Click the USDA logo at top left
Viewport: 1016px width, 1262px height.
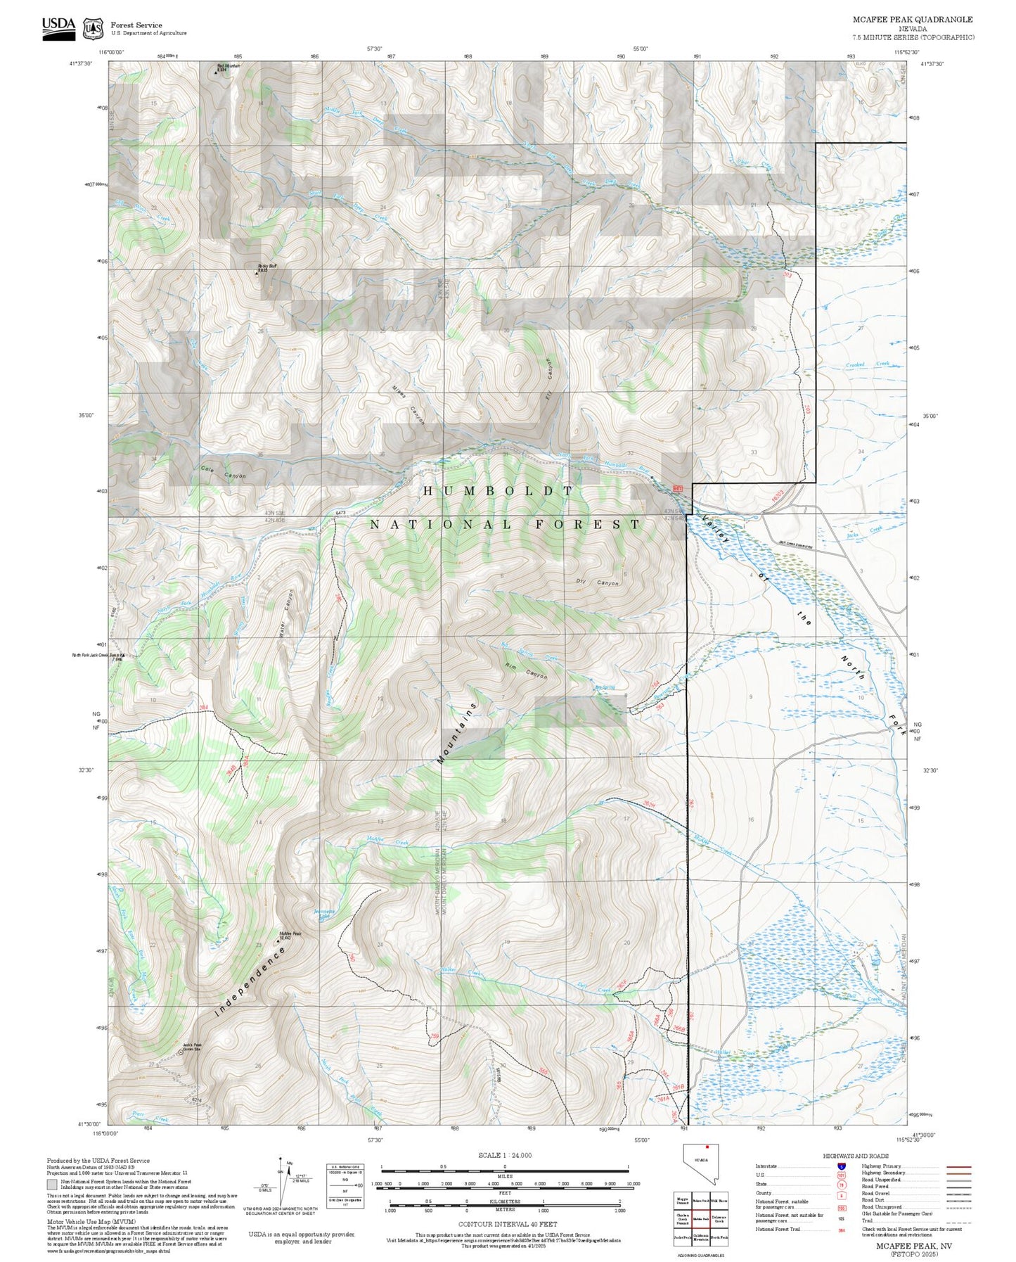(x=58, y=26)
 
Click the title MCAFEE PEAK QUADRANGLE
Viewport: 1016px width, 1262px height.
(x=913, y=20)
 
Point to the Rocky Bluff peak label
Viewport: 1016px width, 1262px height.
(x=266, y=268)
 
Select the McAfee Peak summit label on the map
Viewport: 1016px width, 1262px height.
(x=291, y=936)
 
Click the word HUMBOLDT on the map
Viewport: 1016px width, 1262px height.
(x=499, y=490)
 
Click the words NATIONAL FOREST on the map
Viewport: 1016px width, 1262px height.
(x=505, y=524)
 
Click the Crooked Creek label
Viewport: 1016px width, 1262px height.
(x=867, y=364)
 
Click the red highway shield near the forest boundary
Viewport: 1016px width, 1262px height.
(x=678, y=487)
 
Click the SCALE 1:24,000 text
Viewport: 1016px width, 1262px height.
(x=504, y=1155)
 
